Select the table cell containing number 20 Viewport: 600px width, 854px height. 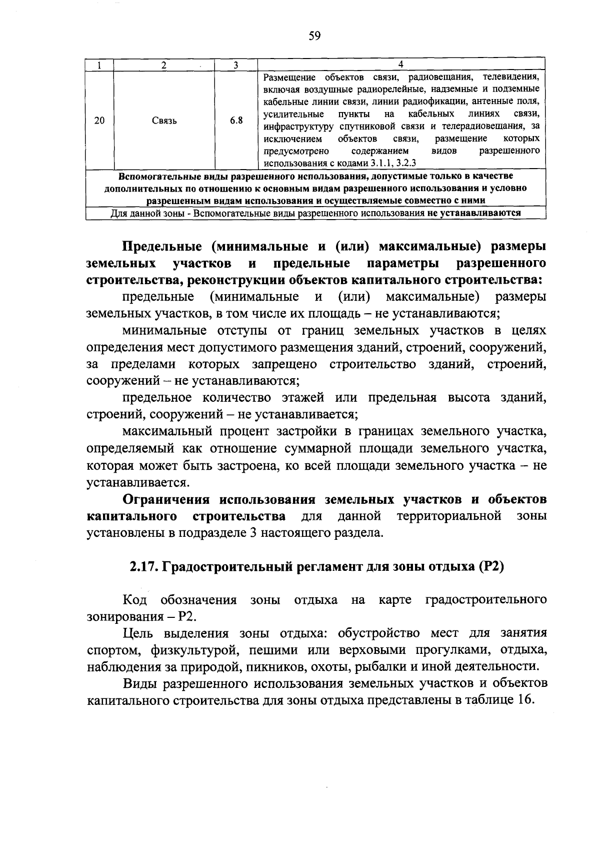pos(99,121)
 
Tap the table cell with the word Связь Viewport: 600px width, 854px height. pos(164,121)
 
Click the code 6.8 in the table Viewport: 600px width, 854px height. pos(236,121)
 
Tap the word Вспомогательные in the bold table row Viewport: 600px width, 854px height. pos(149,177)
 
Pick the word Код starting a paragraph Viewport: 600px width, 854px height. pos(135,600)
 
